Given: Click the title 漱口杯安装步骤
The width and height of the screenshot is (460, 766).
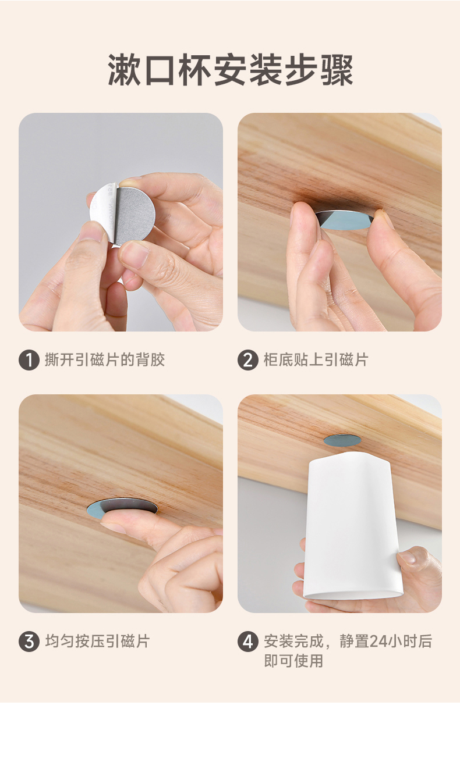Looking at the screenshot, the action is point(230,70).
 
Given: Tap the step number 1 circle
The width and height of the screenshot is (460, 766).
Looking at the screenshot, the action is point(29,360).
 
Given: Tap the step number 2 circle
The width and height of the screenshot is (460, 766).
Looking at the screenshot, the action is point(248,360).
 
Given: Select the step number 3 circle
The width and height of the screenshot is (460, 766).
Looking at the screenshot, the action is point(29,642).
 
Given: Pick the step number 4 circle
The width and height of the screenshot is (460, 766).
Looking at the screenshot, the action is point(248,642).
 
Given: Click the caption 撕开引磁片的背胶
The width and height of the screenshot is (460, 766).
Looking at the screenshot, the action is point(105,360).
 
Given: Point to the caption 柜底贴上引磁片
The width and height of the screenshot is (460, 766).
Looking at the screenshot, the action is point(316,360).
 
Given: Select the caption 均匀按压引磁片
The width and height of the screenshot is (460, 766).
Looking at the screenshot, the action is point(97,641).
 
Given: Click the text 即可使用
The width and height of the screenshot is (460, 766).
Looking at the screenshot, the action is point(293,661).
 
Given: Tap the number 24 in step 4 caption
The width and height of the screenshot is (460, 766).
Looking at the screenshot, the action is point(378,641).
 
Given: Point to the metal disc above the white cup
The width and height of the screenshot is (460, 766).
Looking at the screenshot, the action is point(342,440).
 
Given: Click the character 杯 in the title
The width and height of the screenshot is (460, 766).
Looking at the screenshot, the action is point(194,70).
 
